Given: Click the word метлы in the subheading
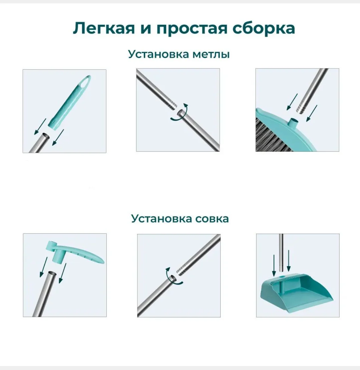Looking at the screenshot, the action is (211, 54).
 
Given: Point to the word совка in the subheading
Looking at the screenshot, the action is (212, 219).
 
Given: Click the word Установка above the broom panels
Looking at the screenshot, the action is (159, 54).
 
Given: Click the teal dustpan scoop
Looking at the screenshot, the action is (297, 293).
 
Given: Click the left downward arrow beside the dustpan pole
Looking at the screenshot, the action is (274, 265).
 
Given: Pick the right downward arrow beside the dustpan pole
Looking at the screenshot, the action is (288, 261).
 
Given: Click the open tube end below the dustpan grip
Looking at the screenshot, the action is (52, 274).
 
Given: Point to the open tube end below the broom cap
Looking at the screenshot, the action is (46, 135).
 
